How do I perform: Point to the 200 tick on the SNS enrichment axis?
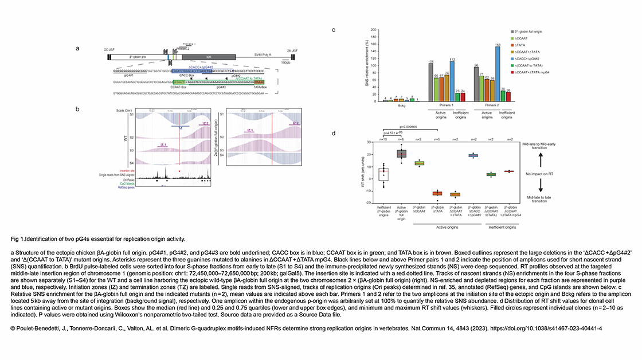pyautogui.click(x=375, y=30)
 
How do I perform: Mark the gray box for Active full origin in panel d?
pyautogui.click(x=402, y=153)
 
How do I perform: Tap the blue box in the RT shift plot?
pyautogui.click(x=473, y=155)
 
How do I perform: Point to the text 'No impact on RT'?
pyautogui.click(x=538, y=172)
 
